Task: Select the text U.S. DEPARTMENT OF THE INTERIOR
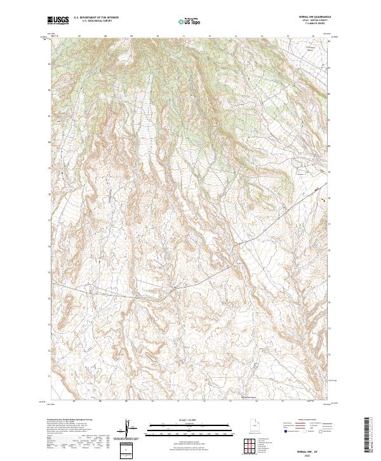tap(96, 18)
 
